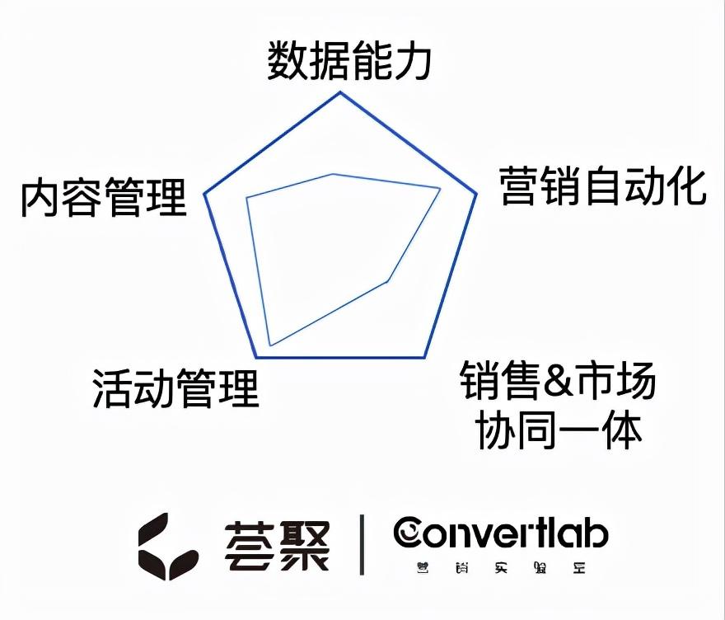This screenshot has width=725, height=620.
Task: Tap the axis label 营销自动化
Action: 603,186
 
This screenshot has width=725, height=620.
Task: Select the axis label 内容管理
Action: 104,198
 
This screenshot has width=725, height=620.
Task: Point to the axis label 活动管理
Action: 175,387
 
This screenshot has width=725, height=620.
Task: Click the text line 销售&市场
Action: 558,381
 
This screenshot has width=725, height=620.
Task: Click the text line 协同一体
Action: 559,430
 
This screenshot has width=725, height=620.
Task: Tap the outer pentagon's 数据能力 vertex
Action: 340,92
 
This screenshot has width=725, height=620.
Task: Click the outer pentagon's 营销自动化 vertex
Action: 477,195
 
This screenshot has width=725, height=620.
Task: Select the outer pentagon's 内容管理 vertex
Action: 204,195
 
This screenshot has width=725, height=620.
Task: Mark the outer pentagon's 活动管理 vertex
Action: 256,357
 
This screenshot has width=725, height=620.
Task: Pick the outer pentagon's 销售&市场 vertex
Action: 425,357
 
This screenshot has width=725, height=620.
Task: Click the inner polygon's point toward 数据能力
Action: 334,174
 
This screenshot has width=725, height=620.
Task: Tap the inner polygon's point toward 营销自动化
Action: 441,189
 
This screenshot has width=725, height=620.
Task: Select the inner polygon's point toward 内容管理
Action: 247,197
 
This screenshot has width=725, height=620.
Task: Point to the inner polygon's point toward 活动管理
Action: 270,345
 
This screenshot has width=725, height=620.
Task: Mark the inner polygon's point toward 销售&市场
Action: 387,282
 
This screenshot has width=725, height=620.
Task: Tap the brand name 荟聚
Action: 277,545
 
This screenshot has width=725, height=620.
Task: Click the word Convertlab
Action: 501,533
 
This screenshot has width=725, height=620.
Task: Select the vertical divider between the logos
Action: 361,544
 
